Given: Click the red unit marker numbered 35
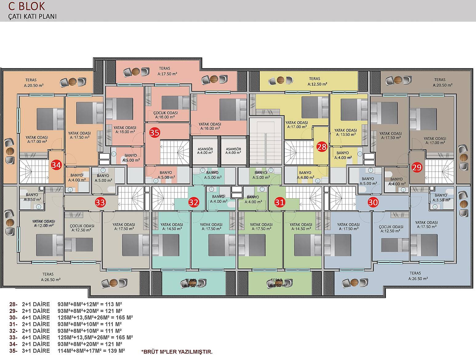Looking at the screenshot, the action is [x=155, y=132].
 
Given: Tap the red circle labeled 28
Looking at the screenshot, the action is [x=322, y=147].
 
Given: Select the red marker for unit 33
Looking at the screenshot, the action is [x=100, y=202].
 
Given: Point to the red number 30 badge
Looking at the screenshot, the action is [x=373, y=202].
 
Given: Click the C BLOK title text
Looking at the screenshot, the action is [x=26, y=6].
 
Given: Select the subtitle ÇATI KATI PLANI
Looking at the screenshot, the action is [x=33, y=17].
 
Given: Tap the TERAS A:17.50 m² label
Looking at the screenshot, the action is [x=167, y=71].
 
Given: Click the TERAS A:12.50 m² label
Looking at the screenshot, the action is [x=317, y=81].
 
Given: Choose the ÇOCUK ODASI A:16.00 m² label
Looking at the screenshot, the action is [x=166, y=115].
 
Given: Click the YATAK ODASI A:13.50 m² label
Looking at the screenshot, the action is [x=346, y=132].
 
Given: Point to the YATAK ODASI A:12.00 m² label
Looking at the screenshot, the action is [x=44, y=224].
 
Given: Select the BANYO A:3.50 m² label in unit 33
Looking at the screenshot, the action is [x=32, y=197].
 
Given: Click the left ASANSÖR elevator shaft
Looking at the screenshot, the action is [x=205, y=151].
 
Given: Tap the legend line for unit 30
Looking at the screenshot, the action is [x=71, y=318].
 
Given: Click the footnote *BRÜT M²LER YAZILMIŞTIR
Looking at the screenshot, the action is [x=177, y=352].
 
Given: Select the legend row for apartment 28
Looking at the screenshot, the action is [x=66, y=304].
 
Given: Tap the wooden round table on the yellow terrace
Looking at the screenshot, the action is [x=281, y=80].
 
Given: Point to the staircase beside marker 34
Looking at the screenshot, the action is [x=34, y=172].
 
